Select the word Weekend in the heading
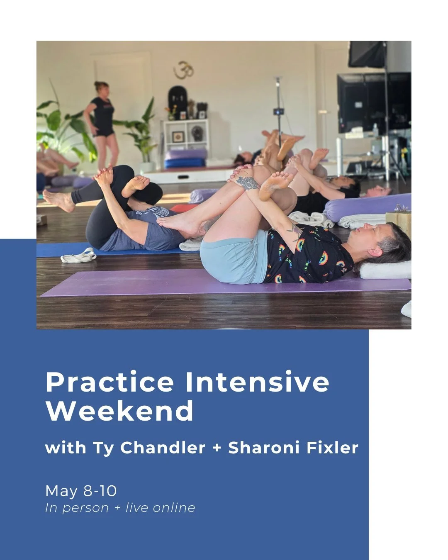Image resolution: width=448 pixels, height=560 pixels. pyautogui.click(x=119, y=411)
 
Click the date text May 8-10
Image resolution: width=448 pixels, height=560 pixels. pyautogui.click(x=81, y=491)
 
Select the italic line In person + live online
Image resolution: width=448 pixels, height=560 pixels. pyautogui.click(x=120, y=508)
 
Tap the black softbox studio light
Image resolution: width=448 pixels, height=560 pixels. pyautogui.click(x=367, y=54)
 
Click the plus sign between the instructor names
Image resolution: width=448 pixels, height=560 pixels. pyautogui.click(x=217, y=448)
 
